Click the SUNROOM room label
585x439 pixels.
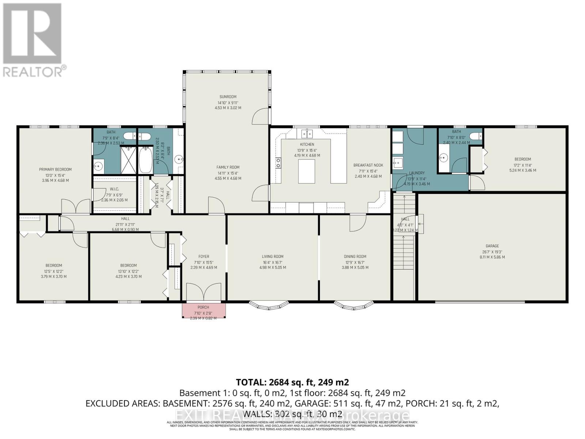point(228,97)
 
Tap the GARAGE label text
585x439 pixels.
point(492,246)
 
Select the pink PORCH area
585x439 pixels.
point(204,310)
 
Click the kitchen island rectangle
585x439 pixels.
point(306,172)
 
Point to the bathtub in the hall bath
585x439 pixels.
point(146,160)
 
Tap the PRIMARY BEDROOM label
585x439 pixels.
point(55,169)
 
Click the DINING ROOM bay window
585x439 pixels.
point(354,304)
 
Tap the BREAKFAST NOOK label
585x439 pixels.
point(368,165)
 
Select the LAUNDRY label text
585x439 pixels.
point(416,173)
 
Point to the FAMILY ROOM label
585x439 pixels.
point(228,168)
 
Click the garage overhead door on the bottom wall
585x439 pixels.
point(480,302)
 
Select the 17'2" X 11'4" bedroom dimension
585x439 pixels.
point(522,165)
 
